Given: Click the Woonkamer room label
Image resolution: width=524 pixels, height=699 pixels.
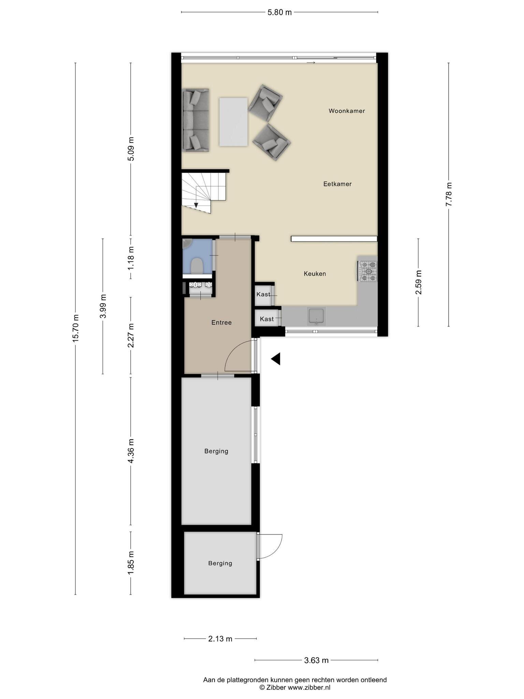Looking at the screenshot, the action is (x=347, y=111).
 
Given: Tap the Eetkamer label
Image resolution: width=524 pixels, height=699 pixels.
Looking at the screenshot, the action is (x=337, y=184).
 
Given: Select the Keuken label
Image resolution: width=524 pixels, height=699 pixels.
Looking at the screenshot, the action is (x=315, y=274).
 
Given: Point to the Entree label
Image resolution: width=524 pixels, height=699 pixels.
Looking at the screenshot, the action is (x=221, y=323).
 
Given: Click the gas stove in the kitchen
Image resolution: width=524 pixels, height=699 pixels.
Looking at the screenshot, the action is (x=367, y=271).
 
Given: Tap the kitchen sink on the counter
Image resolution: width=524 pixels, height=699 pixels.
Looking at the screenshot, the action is (x=317, y=316).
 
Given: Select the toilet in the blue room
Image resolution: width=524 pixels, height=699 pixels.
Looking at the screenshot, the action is (x=197, y=266).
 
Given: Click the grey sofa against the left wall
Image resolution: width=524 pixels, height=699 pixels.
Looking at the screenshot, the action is (x=195, y=120).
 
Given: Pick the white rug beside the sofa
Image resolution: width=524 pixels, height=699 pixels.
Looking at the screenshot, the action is (x=233, y=122).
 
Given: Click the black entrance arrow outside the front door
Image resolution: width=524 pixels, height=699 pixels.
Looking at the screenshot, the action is (x=276, y=359).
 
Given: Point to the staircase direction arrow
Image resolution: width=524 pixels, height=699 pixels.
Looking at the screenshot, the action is (x=196, y=205).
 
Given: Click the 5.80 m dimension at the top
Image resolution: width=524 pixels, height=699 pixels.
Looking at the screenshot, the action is (x=279, y=12).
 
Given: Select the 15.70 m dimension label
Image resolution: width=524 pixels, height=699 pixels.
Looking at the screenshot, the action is (x=75, y=328).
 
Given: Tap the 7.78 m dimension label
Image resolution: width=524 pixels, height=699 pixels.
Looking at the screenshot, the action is (x=449, y=194).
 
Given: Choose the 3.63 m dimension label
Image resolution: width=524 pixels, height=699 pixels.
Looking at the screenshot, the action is (x=316, y=660).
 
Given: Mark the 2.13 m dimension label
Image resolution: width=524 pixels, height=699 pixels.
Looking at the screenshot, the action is (x=220, y=639).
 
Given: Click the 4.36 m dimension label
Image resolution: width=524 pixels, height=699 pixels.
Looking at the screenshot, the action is (x=131, y=451).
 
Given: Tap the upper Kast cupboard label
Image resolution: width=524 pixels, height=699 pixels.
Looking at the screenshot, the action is (x=263, y=294).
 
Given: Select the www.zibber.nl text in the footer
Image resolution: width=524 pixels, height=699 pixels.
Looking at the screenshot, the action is (x=309, y=688).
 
